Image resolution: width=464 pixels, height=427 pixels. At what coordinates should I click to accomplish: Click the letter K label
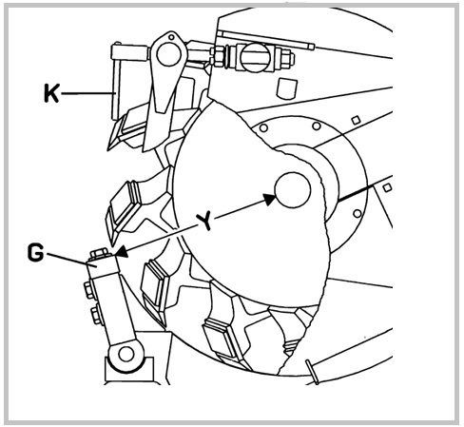[x=51, y=93]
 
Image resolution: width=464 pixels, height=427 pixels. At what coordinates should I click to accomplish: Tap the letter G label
[x=35, y=253]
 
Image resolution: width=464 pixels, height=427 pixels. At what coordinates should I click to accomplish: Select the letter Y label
[x=205, y=222]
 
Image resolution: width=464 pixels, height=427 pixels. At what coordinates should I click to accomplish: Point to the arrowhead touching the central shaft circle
[x=270, y=200]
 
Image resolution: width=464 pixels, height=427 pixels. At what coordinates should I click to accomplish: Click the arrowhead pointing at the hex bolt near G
[x=122, y=252]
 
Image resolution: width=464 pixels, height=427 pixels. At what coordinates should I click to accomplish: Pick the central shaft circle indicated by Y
[x=293, y=190]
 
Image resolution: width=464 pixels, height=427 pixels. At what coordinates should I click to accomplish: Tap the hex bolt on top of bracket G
[x=100, y=254]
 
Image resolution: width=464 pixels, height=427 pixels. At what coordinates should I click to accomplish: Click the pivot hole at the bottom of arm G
[x=126, y=354]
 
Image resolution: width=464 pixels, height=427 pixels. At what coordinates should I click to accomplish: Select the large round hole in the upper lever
[x=168, y=54]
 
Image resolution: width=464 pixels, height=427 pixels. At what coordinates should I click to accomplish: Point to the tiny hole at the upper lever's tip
[x=171, y=37]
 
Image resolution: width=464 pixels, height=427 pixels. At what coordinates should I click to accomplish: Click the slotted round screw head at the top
[x=256, y=57]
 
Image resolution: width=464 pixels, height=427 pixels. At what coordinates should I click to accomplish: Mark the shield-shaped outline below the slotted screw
[x=287, y=88]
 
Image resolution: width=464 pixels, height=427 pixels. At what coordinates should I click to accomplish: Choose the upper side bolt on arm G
[x=89, y=290]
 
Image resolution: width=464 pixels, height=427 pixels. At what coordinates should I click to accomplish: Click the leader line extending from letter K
[x=87, y=93]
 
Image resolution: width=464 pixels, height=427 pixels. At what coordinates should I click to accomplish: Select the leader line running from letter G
[x=68, y=258]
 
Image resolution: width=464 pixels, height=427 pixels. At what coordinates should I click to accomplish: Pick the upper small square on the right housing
[x=356, y=120]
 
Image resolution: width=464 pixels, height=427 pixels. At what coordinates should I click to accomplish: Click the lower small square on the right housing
[x=387, y=187]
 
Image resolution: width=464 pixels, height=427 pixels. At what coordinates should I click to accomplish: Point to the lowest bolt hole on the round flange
[x=358, y=213]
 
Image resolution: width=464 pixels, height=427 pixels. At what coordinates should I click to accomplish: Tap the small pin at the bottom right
[x=312, y=372]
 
